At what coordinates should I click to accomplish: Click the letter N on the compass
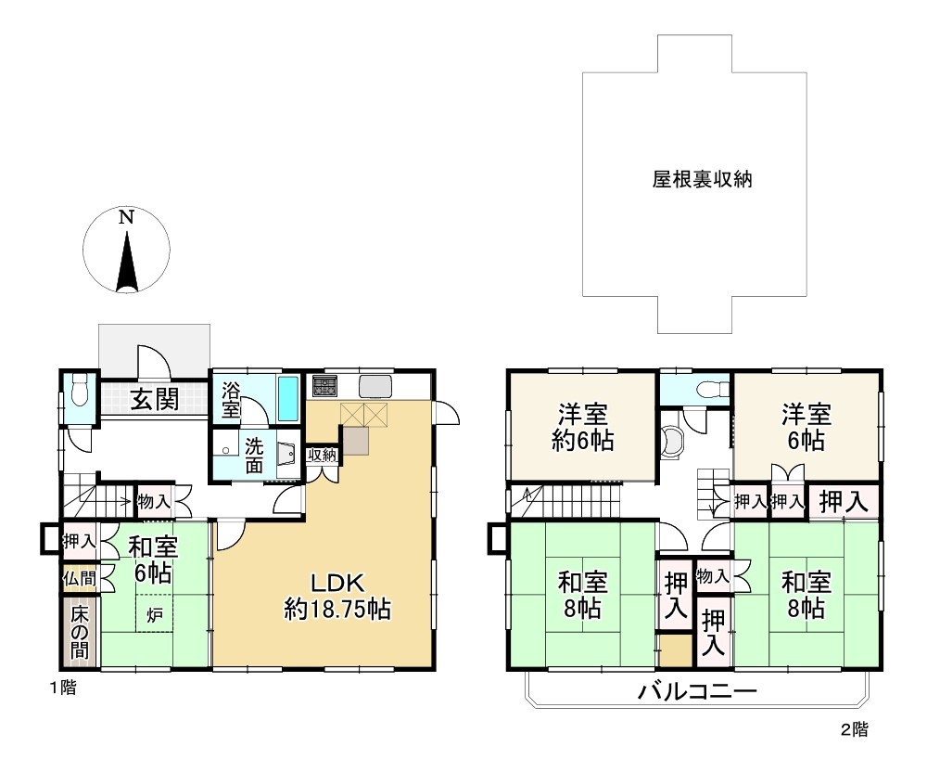pos(126,217)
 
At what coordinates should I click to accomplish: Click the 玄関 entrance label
pos(154,399)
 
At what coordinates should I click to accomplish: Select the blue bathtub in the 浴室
pos(288,398)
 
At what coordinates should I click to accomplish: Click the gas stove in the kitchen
pos(324,386)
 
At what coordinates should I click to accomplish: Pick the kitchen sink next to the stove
pos(375,387)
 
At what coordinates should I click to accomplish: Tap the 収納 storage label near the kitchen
pos(323,455)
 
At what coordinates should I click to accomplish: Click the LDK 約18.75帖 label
pos(337,596)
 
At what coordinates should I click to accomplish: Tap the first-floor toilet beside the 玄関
pos(78,390)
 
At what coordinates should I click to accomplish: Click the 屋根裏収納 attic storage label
pos(702,179)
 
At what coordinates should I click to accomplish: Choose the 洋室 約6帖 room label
pos(583,427)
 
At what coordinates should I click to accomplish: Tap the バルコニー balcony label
pos(697,691)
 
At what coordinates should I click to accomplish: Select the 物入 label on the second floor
pos(712,576)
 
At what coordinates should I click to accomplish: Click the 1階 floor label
pos(63,688)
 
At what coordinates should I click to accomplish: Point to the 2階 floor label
pos(855,729)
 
